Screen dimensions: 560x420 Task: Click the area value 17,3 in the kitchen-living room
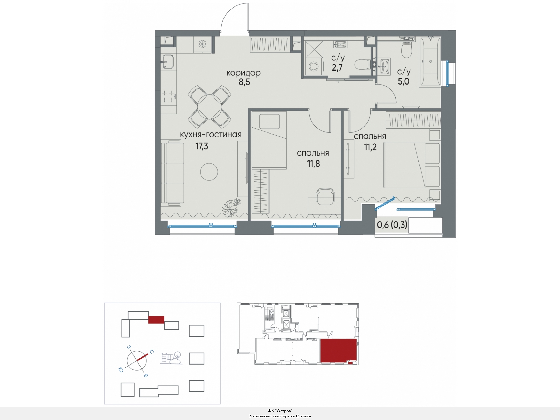click(x=202, y=146)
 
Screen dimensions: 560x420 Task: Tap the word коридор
click(x=243, y=73)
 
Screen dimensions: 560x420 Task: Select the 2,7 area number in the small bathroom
click(x=337, y=67)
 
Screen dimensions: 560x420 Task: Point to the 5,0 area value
click(x=404, y=81)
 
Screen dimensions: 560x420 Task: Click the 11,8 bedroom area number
click(x=313, y=164)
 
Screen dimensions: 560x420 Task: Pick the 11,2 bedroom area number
click(x=370, y=147)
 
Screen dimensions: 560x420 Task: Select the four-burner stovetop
click(x=169, y=96)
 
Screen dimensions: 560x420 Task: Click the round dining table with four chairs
click(x=209, y=107)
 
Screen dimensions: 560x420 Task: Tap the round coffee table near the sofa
click(x=209, y=172)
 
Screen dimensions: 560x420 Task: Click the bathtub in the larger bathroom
click(x=430, y=62)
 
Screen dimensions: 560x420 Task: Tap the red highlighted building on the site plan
click(x=156, y=319)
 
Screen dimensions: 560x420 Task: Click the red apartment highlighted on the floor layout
click(x=338, y=350)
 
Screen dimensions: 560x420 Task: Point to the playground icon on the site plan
click(x=171, y=358)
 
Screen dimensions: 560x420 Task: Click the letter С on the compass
click(x=152, y=352)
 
